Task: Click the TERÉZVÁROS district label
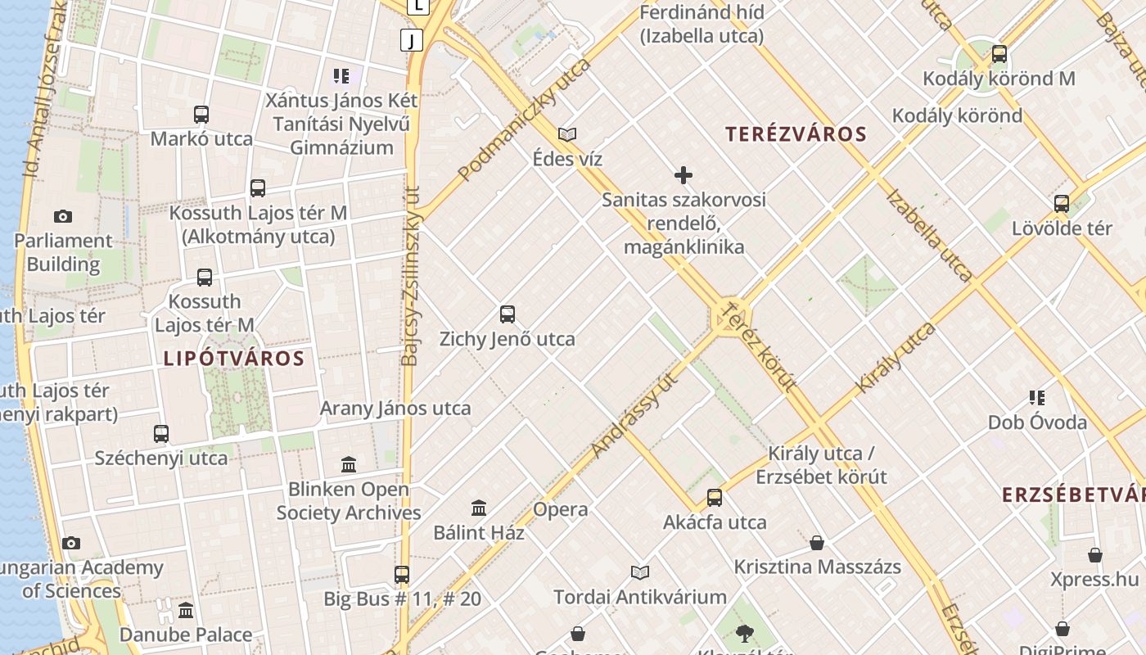point(796,134)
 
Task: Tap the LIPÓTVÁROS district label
point(234,358)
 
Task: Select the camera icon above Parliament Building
point(63,216)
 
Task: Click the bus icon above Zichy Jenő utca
point(508,314)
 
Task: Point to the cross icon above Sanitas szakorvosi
point(684,174)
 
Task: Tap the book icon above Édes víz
point(567,134)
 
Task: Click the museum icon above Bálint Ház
point(479,508)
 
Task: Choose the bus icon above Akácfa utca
point(715,497)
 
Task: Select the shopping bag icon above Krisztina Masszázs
point(816,542)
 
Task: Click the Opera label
point(561,509)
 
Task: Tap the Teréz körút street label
point(759,346)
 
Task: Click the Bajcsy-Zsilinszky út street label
point(411,274)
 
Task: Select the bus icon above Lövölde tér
point(1062,203)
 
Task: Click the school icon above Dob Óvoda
point(1037,398)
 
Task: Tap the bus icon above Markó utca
point(201,114)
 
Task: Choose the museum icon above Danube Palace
point(186,610)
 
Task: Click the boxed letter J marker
point(412,39)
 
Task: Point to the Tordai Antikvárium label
point(640,597)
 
